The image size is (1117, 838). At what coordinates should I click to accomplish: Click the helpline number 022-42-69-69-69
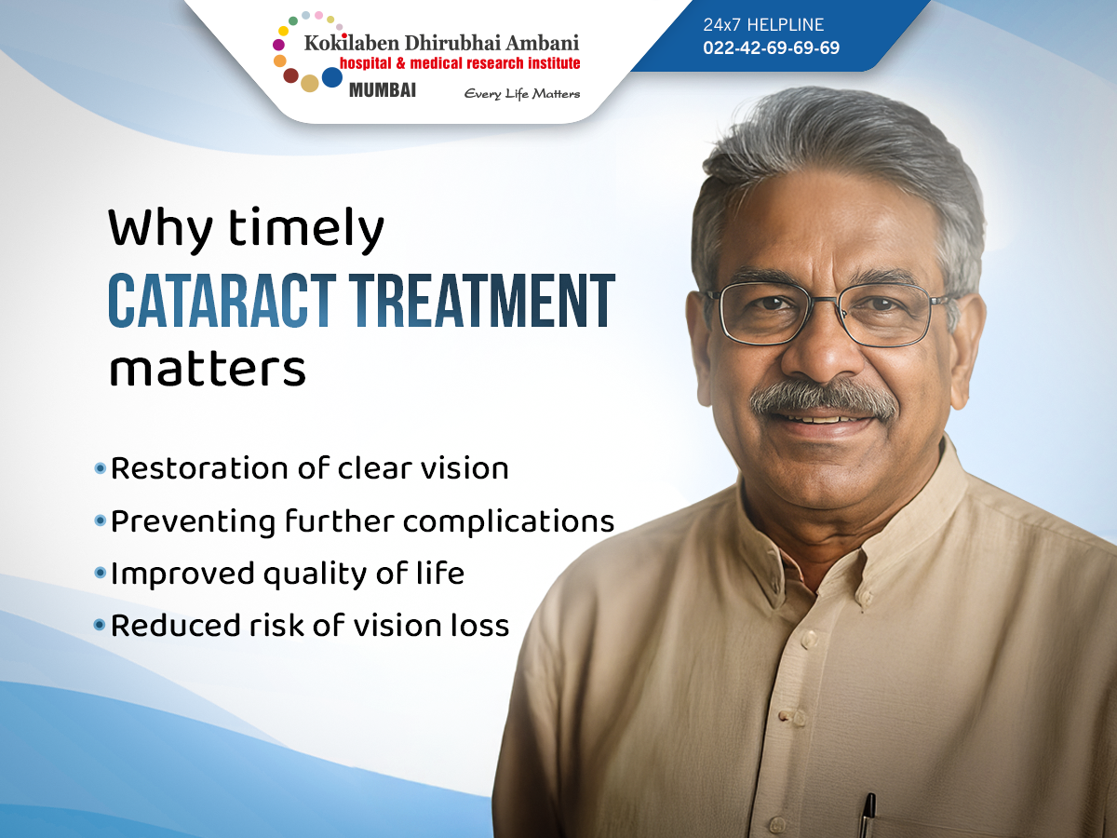(771, 47)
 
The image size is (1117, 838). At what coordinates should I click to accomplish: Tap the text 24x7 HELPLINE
(763, 24)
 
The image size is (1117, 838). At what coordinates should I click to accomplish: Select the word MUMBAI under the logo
(383, 90)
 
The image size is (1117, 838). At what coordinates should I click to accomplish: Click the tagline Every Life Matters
(521, 94)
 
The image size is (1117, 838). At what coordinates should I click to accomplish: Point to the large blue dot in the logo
(332, 77)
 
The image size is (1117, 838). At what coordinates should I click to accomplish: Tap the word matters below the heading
(208, 370)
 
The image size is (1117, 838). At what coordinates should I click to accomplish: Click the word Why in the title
(160, 228)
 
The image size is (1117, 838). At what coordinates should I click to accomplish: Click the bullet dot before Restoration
(101, 468)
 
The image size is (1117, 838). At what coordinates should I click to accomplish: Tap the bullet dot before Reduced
(101, 624)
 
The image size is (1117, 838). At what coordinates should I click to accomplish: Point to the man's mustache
(824, 399)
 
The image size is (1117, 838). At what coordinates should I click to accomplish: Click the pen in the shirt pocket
(867, 814)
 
